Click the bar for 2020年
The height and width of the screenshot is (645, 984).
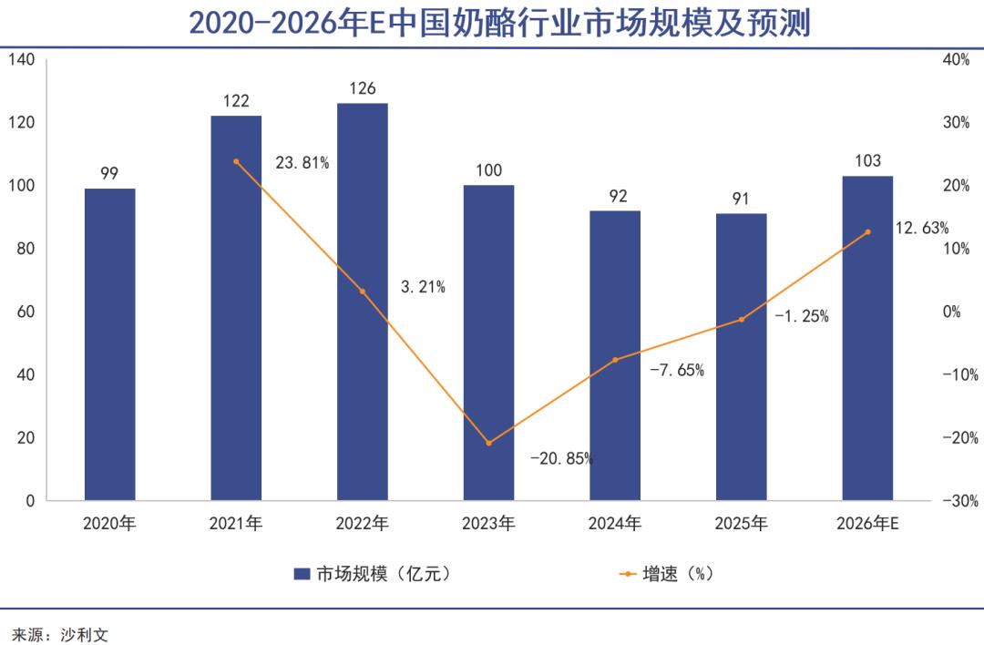coord(109,344)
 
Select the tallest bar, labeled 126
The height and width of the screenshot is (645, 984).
coord(362,302)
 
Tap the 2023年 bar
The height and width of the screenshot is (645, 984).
coord(488,343)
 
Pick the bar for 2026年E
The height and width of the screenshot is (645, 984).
coord(867,338)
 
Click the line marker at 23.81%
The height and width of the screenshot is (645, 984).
coord(236,161)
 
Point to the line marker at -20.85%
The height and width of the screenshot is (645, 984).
coord(488,444)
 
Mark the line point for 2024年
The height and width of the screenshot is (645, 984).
coord(615,360)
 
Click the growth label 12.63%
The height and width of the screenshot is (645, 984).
coord(922,228)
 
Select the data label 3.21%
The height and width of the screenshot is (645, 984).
coord(423,287)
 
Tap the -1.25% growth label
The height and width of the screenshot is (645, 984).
coord(802,317)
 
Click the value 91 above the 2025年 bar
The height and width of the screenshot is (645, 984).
coord(741,199)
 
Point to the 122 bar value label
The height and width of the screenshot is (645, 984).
coord(236,101)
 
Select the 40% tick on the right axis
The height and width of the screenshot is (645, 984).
coord(957,60)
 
